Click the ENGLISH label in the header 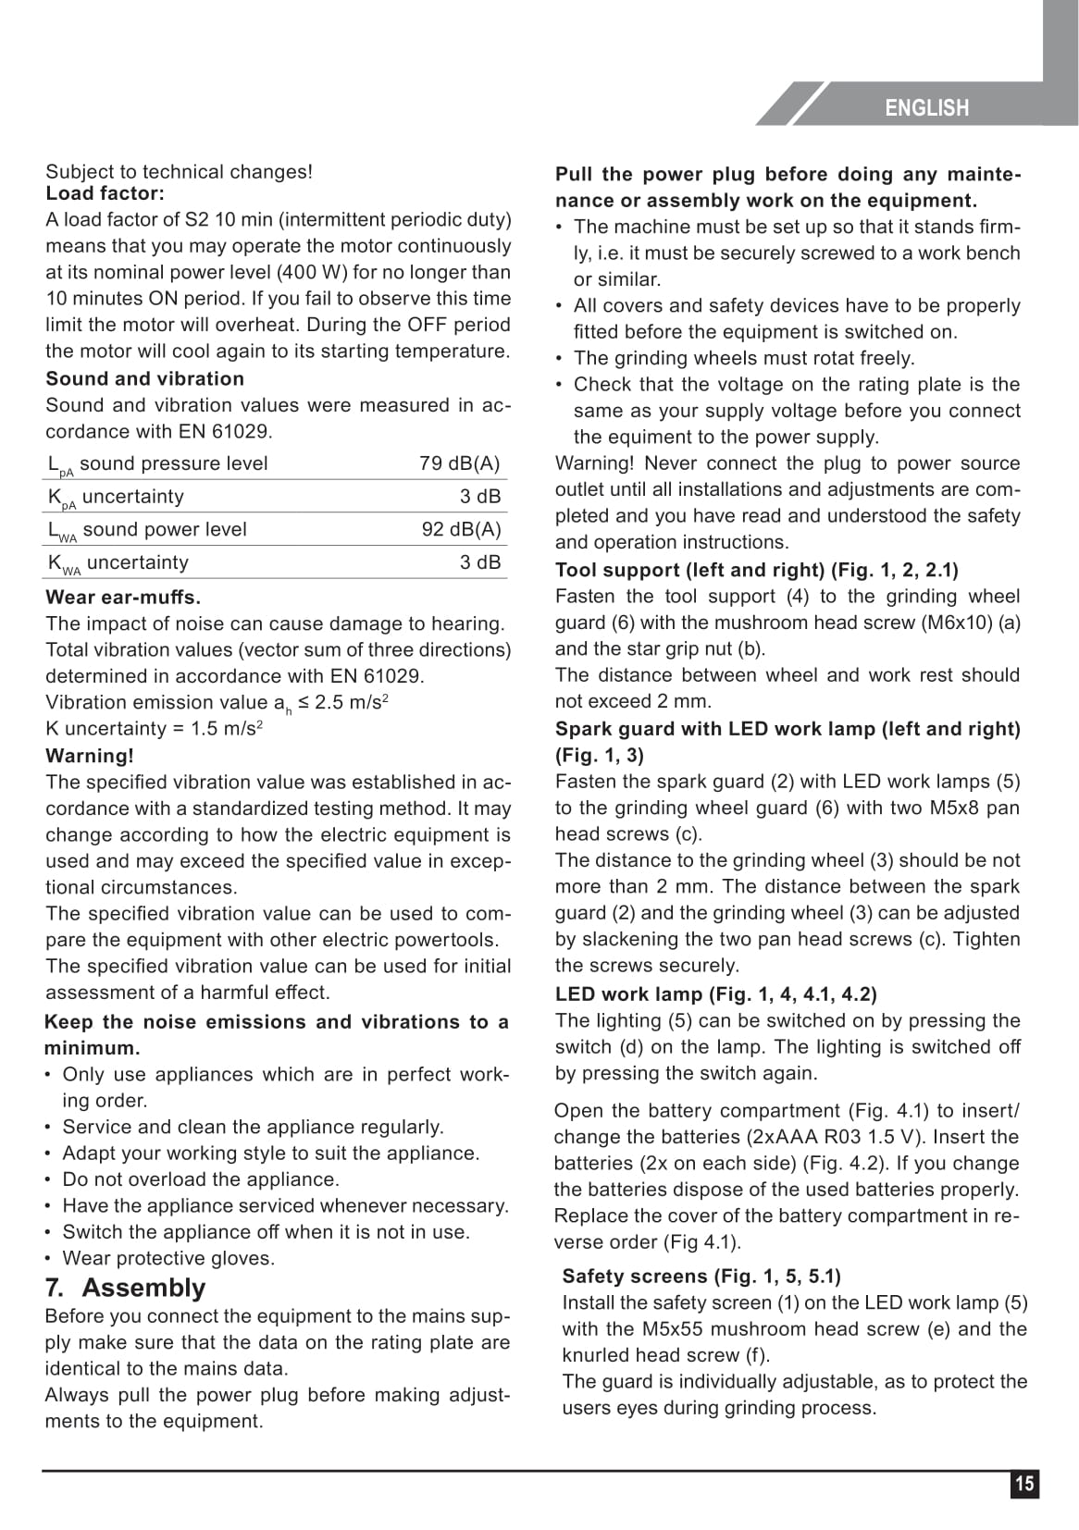(926, 108)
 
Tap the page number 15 (1024, 1485)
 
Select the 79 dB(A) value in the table (460, 463)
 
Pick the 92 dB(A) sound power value (461, 529)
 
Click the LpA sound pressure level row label (157, 464)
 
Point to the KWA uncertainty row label (118, 563)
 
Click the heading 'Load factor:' (105, 193)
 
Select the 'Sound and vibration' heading (144, 378)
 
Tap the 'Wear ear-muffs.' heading (123, 597)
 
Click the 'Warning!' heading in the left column (90, 756)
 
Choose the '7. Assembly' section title (125, 1288)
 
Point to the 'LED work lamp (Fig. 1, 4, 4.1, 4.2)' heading (715, 994)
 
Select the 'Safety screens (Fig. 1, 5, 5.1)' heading (701, 1277)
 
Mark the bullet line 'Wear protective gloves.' (168, 1258)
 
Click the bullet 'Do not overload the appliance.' (201, 1179)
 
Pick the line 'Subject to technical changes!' (179, 172)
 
